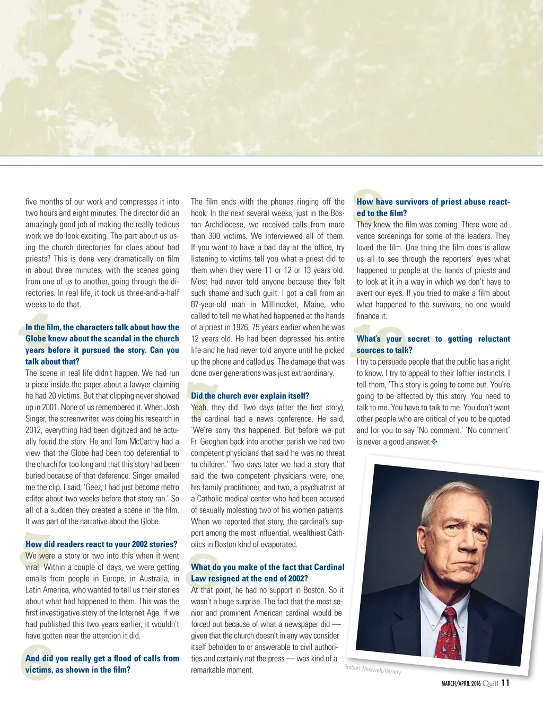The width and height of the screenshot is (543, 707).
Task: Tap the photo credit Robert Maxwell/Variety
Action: [x=373, y=670]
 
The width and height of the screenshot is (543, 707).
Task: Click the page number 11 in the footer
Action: [x=505, y=683]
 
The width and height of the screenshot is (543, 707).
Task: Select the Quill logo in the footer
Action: [x=490, y=684]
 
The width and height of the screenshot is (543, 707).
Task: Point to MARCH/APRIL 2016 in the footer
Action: [x=461, y=684]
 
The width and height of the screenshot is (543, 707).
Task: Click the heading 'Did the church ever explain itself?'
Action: [x=250, y=396]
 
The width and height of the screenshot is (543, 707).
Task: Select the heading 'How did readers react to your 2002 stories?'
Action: [x=101, y=544]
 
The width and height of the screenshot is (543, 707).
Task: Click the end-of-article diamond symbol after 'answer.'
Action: [x=434, y=441]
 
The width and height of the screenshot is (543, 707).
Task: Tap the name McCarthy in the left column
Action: [x=142, y=441]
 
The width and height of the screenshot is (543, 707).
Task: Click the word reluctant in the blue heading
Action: [x=494, y=339]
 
